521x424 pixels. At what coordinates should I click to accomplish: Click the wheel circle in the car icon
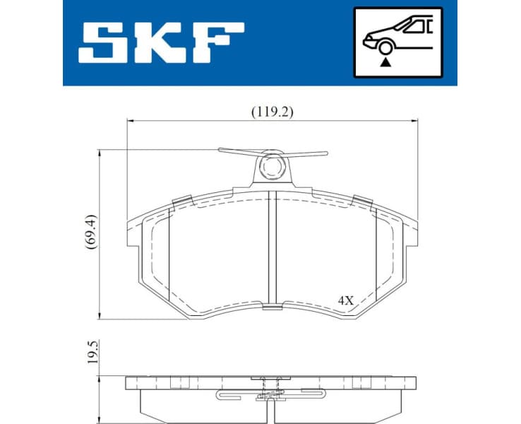coord(385,47)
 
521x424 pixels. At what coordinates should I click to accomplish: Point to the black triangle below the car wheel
coord(385,62)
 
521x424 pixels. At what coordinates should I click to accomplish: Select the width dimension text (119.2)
coord(272,111)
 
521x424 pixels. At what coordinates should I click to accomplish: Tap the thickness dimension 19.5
coord(90,351)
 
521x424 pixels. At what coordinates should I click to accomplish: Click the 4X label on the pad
coord(345,300)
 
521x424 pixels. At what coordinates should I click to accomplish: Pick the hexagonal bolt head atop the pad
coord(271,167)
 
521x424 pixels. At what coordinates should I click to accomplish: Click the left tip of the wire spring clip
coord(221,150)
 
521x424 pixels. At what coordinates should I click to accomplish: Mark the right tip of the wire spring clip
coord(325,153)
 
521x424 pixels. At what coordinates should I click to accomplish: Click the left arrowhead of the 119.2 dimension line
coord(129,121)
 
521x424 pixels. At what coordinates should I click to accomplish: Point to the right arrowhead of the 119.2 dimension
coord(414,121)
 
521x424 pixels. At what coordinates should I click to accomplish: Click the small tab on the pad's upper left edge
coord(181,201)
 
